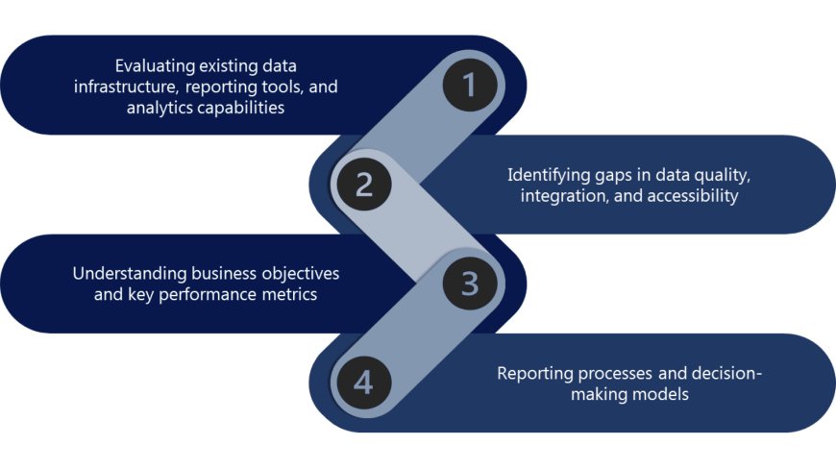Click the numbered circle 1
[x=469, y=86]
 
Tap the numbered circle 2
[x=363, y=184]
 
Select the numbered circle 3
[x=469, y=284]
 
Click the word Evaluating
[x=154, y=66]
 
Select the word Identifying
[x=549, y=176]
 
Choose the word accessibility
[x=692, y=196]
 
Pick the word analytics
[x=160, y=108]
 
